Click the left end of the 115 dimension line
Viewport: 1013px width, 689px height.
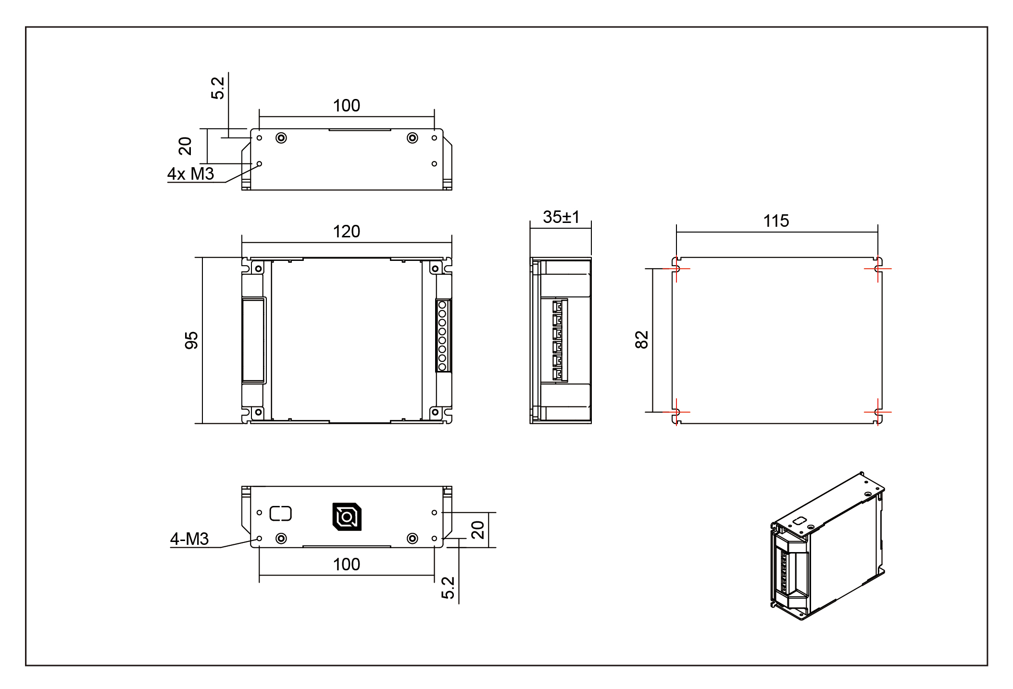coord(676,232)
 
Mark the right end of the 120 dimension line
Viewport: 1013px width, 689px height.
coord(451,243)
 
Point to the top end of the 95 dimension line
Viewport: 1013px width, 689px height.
coord(202,258)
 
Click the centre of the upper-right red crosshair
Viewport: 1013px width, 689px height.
coord(878,269)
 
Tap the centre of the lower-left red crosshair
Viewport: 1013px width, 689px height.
coord(676,412)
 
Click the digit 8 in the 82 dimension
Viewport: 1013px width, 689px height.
coord(642,344)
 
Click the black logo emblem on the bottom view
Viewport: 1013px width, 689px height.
coord(347,517)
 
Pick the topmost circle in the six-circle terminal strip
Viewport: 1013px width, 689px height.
coord(442,305)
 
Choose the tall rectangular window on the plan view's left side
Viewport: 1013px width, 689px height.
coord(253,340)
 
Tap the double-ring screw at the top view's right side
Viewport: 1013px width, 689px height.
coord(412,138)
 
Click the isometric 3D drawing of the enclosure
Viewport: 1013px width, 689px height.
coord(827,546)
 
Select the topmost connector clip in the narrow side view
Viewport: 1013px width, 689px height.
coord(557,307)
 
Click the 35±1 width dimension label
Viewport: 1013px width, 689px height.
coord(561,217)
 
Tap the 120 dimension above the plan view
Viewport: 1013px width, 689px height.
coord(347,232)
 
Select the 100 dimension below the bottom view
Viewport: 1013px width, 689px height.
coord(347,564)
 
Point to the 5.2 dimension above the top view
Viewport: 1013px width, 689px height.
coord(218,88)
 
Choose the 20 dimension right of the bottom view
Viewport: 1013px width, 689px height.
coord(477,530)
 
